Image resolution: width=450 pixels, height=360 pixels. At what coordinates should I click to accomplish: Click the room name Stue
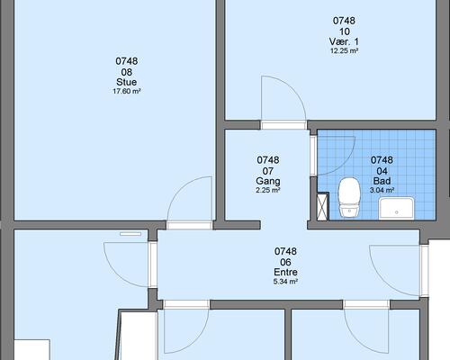click(127, 82)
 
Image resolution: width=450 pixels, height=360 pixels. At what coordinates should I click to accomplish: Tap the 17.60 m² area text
click(127, 91)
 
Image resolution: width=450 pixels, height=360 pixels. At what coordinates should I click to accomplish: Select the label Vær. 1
click(344, 41)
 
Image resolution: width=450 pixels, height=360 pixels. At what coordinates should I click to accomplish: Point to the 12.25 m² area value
click(344, 50)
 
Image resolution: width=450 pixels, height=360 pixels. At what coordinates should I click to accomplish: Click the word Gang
click(268, 181)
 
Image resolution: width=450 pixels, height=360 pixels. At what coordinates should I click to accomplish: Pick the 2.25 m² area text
click(268, 190)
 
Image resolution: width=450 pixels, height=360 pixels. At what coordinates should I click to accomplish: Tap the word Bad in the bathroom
click(382, 181)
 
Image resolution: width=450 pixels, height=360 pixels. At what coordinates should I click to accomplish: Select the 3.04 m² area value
click(382, 190)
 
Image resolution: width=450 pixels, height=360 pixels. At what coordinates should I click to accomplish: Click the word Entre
click(285, 272)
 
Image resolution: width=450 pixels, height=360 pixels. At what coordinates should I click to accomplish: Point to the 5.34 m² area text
click(285, 282)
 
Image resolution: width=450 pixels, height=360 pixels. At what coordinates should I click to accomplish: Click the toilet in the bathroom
click(349, 197)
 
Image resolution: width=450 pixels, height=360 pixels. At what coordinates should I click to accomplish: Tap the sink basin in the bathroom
click(397, 208)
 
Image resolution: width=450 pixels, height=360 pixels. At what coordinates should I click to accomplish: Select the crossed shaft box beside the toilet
click(322, 207)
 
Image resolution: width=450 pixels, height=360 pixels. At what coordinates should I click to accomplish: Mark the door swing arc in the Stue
click(179, 187)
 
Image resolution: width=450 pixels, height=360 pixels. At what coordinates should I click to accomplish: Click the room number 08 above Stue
click(127, 72)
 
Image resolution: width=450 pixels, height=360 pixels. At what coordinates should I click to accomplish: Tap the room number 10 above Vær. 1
click(345, 31)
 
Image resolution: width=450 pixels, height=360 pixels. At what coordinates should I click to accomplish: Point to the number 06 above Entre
click(285, 262)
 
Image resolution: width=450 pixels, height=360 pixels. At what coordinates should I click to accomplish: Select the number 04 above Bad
click(382, 171)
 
